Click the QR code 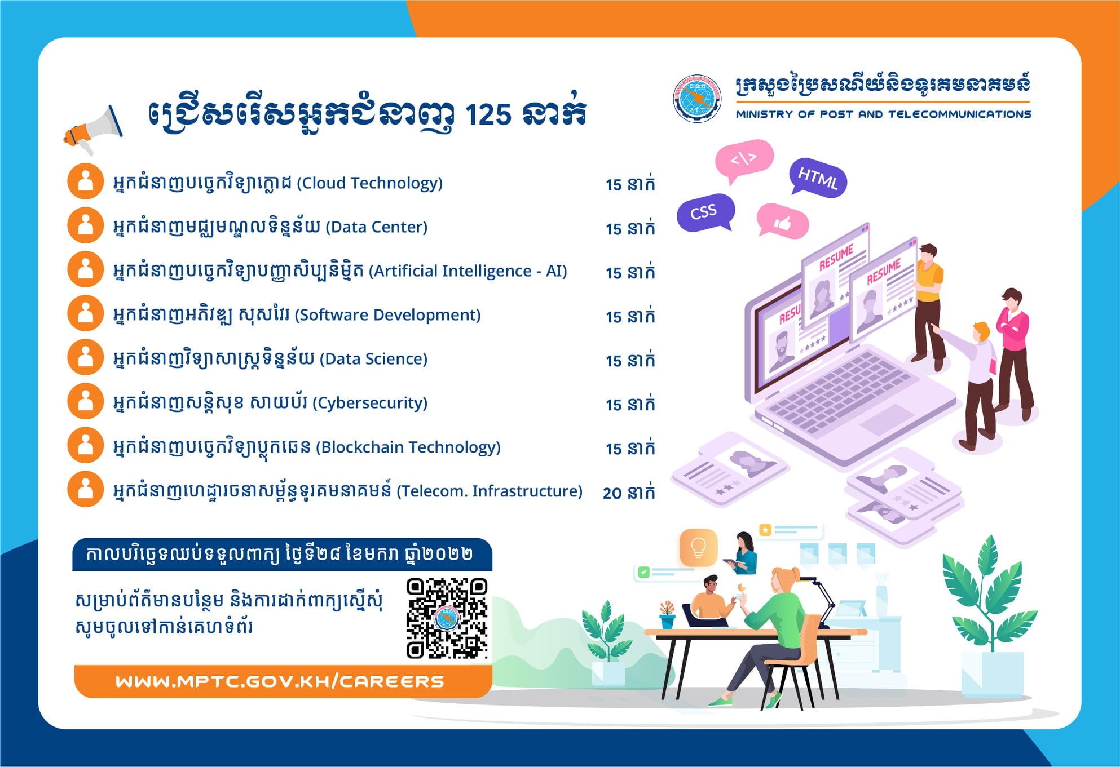tap(447, 618)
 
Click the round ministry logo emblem tap(697, 99)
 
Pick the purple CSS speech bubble tap(705, 212)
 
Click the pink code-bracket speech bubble tap(744, 160)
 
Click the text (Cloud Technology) tap(370, 183)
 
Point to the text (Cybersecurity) tap(370, 403)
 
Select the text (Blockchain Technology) tap(408, 447)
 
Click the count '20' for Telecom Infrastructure tap(612, 493)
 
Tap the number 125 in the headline tap(488, 115)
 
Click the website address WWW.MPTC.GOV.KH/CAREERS tap(280, 681)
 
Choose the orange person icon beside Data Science tap(86, 357)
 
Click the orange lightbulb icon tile tap(699, 547)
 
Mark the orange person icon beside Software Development tap(86, 313)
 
